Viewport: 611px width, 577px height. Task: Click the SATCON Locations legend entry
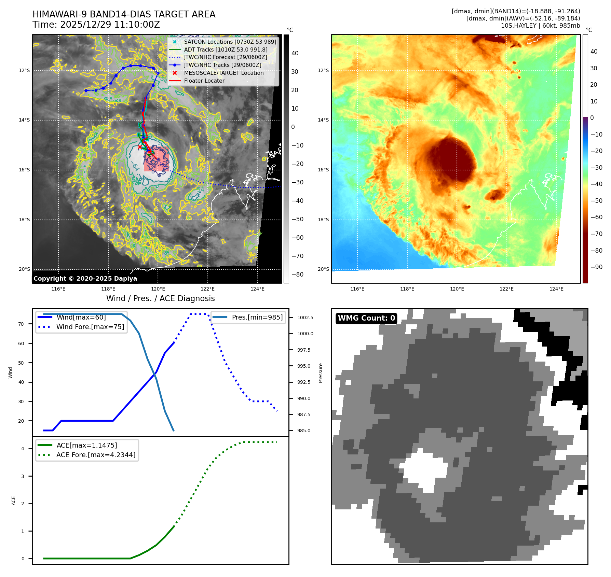(x=230, y=42)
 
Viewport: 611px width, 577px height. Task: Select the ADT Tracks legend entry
(x=226, y=50)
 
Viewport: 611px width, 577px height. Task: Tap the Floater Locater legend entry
(x=204, y=81)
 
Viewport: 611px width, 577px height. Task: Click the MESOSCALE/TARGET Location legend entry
(x=223, y=73)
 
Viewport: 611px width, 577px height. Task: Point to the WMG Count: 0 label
(x=366, y=318)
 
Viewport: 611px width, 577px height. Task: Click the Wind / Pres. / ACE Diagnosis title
(x=160, y=298)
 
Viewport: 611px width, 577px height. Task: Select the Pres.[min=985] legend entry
(x=257, y=317)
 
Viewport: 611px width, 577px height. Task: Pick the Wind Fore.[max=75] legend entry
(x=90, y=327)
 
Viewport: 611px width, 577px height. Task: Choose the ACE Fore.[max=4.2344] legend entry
(x=96, y=455)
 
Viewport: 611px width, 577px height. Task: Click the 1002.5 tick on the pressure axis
(x=305, y=318)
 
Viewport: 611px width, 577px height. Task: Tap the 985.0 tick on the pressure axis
(x=303, y=431)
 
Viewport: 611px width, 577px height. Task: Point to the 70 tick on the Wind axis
(x=21, y=324)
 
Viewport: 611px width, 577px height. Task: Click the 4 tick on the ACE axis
(x=23, y=449)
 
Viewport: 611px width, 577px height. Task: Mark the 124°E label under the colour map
(x=556, y=289)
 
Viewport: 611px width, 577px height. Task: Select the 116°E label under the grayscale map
(x=58, y=289)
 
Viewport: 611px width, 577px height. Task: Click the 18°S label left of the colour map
(x=323, y=220)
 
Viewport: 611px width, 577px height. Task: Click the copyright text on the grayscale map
(x=85, y=279)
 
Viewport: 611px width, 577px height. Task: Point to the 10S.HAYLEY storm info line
(x=540, y=26)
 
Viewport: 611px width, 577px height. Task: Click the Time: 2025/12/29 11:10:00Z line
(x=96, y=25)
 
